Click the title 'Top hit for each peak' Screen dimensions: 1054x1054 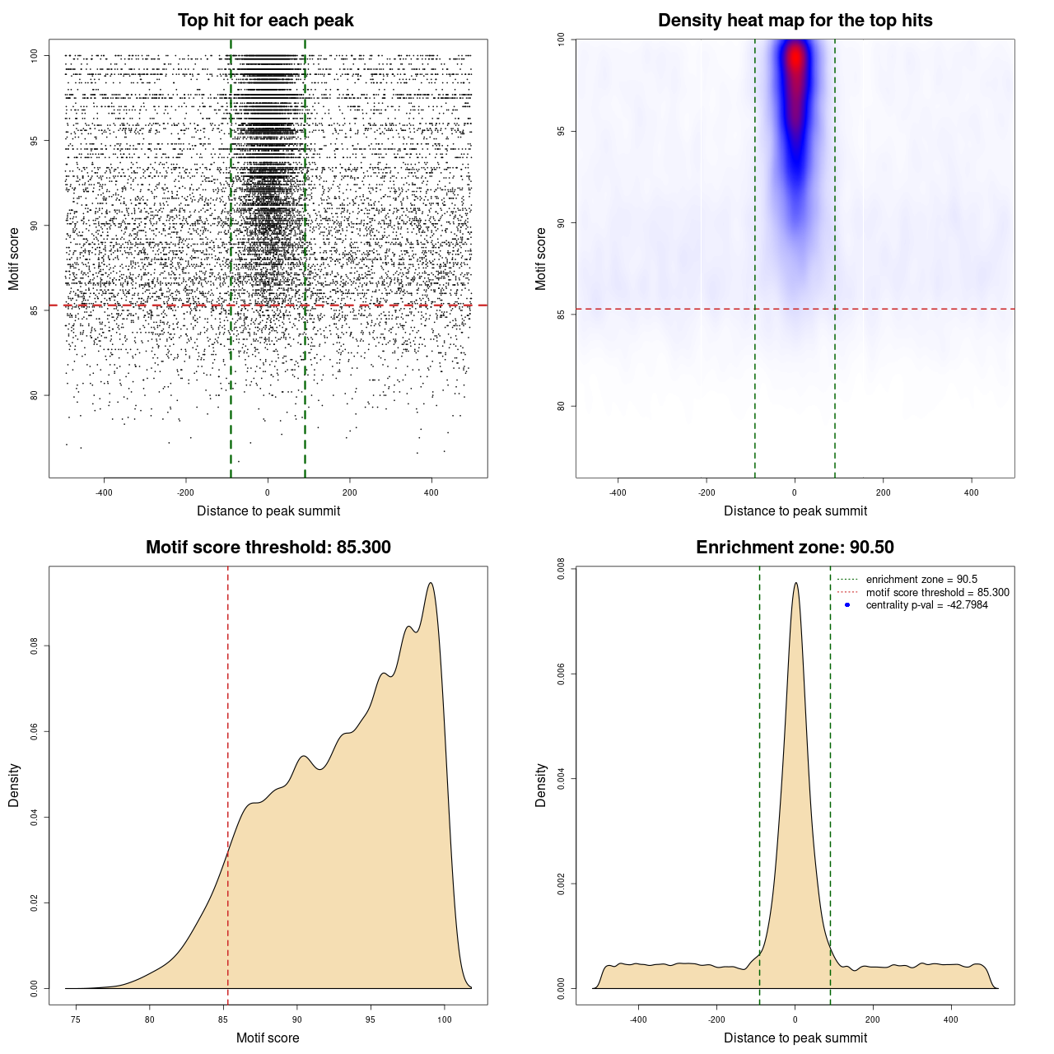(265, 21)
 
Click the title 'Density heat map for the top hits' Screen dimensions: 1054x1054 (795, 21)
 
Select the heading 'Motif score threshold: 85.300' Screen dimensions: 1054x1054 (268, 548)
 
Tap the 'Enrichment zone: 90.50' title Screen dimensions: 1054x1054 (795, 548)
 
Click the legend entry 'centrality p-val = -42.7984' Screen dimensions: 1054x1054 (926, 605)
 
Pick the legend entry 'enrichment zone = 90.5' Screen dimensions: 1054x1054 (921, 580)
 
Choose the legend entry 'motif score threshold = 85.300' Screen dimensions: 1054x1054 (937, 593)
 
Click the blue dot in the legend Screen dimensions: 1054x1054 (847, 605)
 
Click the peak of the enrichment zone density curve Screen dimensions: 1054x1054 (795, 583)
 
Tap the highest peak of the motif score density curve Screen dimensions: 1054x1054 (430, 583)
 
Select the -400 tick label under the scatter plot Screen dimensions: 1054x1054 (104, 493)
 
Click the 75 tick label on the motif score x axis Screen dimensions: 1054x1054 (76, 1019)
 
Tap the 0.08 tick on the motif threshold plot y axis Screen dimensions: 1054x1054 (34, 646)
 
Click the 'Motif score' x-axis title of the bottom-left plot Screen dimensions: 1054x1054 (268, 1038)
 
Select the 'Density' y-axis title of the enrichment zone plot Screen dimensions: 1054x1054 (541, 785)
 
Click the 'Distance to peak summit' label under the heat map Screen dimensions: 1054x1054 (795, 511)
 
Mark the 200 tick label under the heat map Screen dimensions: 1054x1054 (883, 492)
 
